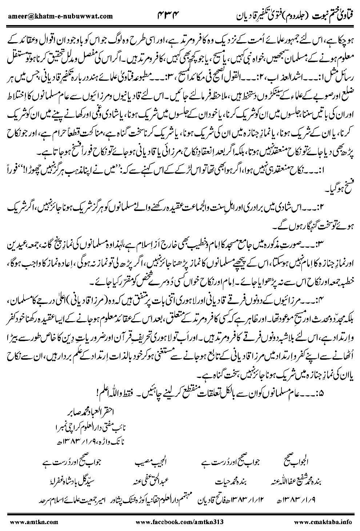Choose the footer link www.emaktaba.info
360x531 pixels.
click(x=323, y=522)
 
